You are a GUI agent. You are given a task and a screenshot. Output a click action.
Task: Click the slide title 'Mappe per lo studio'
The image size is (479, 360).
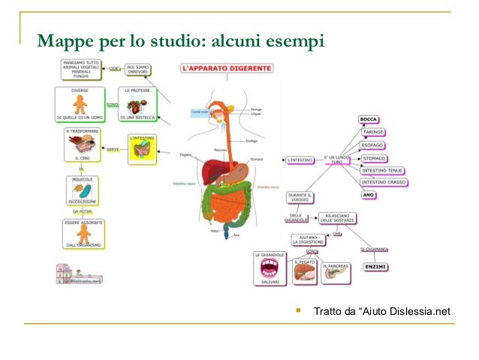pyautogui.click(x=180, y=38)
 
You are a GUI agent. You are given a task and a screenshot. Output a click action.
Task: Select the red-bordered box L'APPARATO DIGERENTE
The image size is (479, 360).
pyautogui.click(x=227, y=68)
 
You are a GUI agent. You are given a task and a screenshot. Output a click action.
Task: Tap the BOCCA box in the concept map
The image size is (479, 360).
pyautogui.click(x=368, y=119)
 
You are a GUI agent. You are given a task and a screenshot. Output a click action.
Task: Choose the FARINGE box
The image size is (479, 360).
pyautogui.click(x=373, y=132)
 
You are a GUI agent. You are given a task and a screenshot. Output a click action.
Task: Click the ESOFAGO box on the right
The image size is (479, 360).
pyautogui.click(x=375, y=144)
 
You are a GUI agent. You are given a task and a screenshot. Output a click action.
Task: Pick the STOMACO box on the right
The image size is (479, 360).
pyautogui.click(x=375, y=159)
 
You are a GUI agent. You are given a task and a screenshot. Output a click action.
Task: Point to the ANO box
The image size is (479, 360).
pyautogui.click(x=369, y=195)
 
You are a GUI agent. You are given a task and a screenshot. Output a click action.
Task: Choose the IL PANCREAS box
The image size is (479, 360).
pyautogui.click(x=336, y=273)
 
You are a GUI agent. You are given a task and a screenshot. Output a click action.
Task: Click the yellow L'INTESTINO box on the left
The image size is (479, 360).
pyautogui.click(x=140, y=150)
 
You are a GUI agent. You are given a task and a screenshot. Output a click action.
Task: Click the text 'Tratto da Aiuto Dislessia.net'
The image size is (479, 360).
pyautogui.click(x=381, y=310)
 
